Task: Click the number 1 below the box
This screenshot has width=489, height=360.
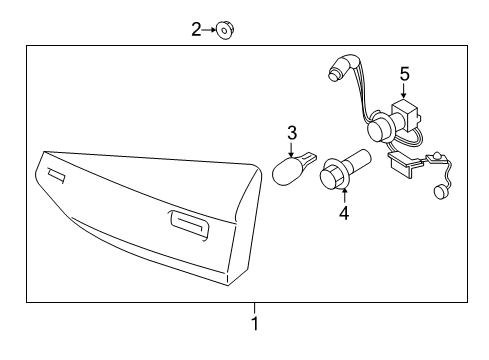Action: [255, 324]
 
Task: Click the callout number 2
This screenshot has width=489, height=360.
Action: [197, 30]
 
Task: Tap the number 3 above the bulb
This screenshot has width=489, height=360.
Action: [292, 132]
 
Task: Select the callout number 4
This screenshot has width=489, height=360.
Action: [343, 212]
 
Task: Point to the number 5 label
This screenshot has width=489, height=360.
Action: [405, 73]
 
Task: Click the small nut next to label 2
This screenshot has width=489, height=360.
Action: [226, 31]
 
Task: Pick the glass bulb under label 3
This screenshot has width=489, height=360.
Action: [292, 169]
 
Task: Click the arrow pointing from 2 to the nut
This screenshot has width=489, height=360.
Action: [211, 31]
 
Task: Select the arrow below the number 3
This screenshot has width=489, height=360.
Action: [292, 149]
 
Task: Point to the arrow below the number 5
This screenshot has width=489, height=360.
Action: [405, 91]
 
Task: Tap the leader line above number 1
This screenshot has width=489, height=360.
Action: [255, 307]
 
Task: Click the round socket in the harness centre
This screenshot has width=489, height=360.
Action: [379, 129]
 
